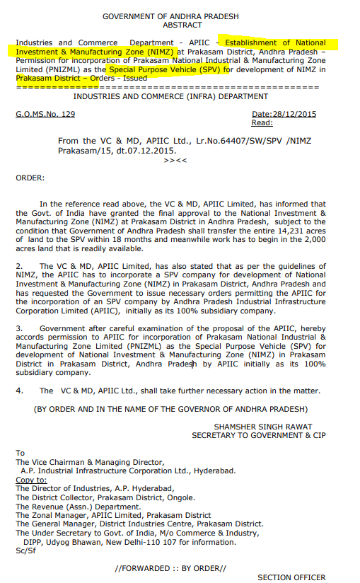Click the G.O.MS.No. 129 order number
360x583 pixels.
[45, 114]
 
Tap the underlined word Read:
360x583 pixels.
[262, 122]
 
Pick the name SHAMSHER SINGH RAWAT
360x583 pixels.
[258, 426]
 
